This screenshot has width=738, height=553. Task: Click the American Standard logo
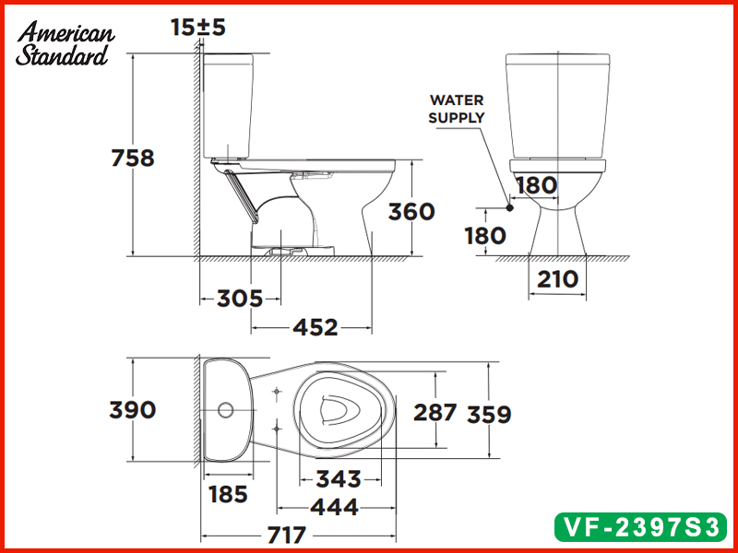click(x=65, y=43)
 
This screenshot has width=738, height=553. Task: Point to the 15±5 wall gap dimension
click(x=198, y=28)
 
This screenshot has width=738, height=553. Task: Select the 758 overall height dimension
click(x=133, y=158)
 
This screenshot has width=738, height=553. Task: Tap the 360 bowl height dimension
click(x=411, y=211)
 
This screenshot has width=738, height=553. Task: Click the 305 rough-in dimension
click(x=240, y=298)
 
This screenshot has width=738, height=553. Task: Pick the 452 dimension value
click(x=315, y=326)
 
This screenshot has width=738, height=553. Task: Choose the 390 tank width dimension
click(x=133, y=409)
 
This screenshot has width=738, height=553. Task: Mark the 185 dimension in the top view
click(x=226, y=494)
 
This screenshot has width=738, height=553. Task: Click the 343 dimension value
click(x=339, y=479)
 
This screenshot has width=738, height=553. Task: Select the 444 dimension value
click(x=334, y=506)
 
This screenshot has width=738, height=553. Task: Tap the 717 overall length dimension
click(x=288, y=535)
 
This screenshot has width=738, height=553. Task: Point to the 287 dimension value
click(x=434, y=412)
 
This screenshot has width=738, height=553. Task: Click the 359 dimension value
click(x=489, y=415)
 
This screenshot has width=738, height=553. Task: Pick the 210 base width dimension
click(x=556, y=278)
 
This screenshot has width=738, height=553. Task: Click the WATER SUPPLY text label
click(x=456, y=109)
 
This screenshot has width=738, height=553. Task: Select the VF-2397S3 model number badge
click(x=642, y=526)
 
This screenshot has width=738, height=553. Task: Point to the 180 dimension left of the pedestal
click(x=485, y=236)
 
